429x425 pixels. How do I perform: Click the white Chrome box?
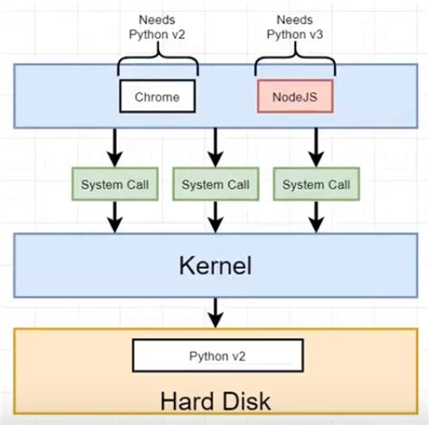click(x=157, y=97)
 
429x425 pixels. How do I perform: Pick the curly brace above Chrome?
click(x=157, y=63)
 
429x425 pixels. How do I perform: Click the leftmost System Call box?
click(x=115, y=184)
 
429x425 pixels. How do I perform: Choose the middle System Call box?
click(x=214, y=184)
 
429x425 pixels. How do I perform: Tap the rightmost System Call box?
click(x=315, y=184)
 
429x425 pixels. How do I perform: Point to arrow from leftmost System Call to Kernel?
click(x=115, y=217)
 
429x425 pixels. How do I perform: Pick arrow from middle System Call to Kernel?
click(x=214, y=217)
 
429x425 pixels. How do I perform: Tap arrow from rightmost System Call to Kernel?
click(x=315, y=217)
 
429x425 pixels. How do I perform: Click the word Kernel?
click(x=214, y=267)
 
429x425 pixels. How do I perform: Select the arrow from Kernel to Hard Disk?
click(x=214, y=314)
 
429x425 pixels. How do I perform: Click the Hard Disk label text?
click(x=214, y=400)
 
